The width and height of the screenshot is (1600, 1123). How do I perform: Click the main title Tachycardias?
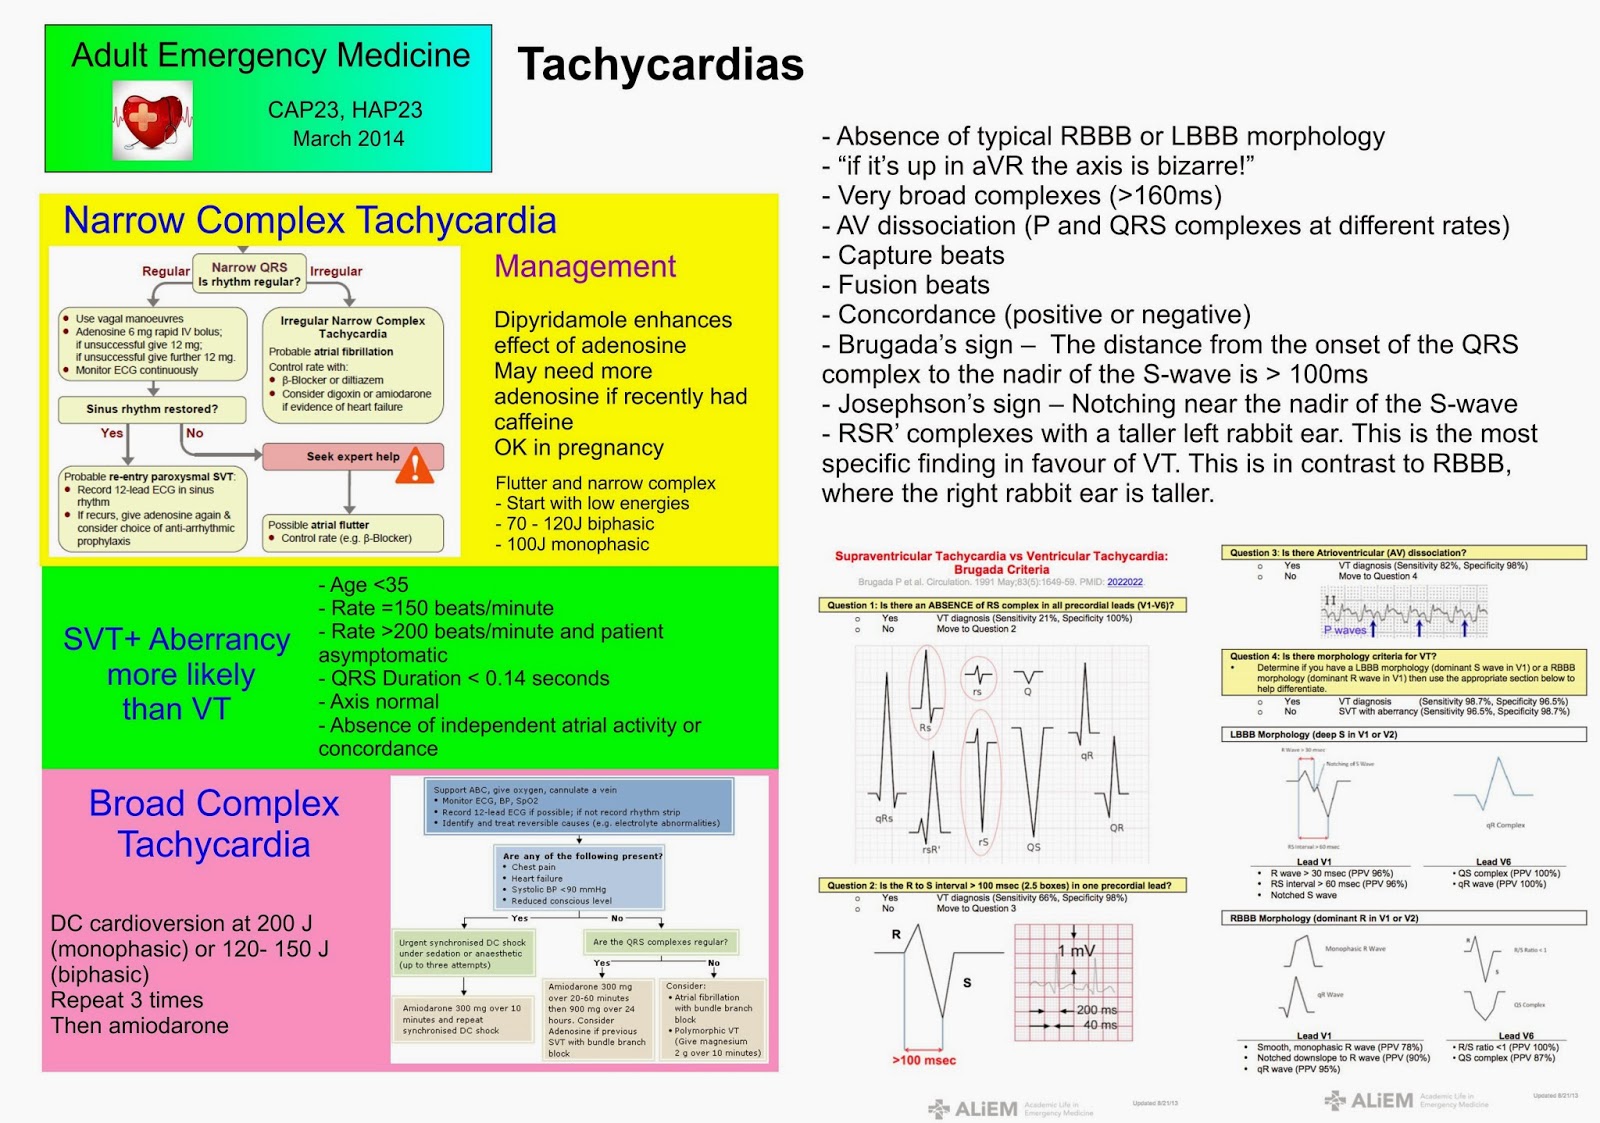pyautogui.click(x=660, y=65)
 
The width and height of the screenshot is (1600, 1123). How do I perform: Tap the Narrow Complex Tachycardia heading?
pyautogui.click(x=310, y=220)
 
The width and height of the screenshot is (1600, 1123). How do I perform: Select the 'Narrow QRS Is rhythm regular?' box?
pyautogui.click(x=249, y=275)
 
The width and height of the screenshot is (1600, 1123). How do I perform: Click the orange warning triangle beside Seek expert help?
pyautogui.click(x=415, y=464)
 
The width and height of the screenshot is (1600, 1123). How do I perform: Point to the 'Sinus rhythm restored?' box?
pyautogui.click(x=152, y=409)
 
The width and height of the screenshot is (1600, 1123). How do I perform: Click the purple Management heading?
pyautogui.click(x=585, y=266)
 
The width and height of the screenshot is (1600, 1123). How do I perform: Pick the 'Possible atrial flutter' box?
pyautogui.click(x=353, y=531)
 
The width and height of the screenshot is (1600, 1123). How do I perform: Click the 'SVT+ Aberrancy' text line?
pyautogui.click(x=177, y=639)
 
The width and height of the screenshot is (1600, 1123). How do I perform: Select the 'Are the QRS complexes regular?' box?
pyautogui.click(x=660, y=942)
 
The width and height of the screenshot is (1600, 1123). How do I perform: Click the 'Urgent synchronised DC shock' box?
pyautogui.click(x=463, y=953)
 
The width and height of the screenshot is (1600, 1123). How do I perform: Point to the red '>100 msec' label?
pyautogui.click(x=924, y=1060)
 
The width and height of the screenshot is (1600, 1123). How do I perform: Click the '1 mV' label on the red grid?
pyautogui.click(x=1076, y=951)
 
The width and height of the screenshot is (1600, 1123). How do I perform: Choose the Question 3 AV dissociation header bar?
pyautogui.click(x=1403, y=552)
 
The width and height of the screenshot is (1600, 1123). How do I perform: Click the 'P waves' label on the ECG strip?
pyautogui.click(x=1345, y=630)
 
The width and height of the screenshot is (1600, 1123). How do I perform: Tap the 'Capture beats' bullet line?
pyautogui.click(x=920, y=256)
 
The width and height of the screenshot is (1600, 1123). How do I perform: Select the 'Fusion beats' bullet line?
pyautogui.click(x=913, y=286)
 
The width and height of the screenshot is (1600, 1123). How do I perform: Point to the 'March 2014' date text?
pyautogui.click(x=348, y=139)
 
